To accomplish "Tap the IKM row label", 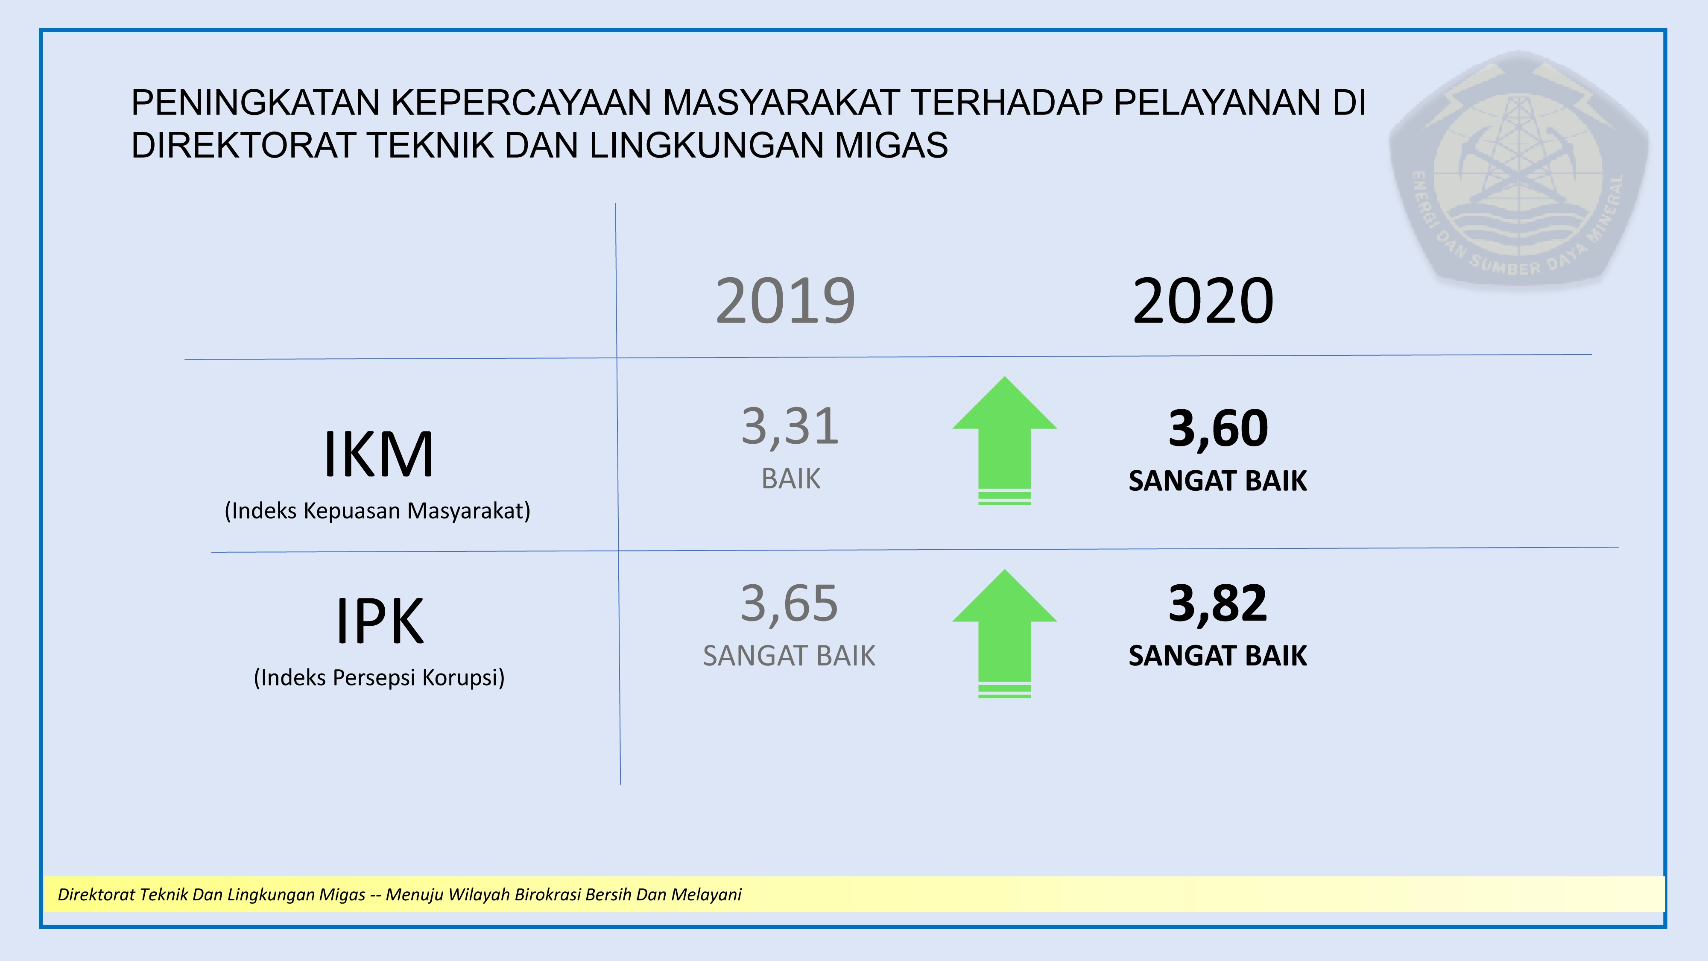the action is point(379,454).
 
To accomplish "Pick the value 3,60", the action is point(1218,429).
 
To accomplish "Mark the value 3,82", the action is point(1218,604).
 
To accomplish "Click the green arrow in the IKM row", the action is point(1004,441).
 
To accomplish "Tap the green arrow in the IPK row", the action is point(1004,633).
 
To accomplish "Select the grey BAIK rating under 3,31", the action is point(791,479).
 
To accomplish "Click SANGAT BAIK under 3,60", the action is point(1218,481).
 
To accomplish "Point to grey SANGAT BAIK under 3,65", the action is point(789,656).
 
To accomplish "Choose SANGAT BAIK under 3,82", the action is point(1218,656).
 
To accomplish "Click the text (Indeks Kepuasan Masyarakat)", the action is point(377,511).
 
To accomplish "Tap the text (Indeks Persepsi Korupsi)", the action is point(379,678).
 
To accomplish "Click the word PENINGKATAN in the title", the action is point(256,103).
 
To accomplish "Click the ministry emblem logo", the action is point(1519,168).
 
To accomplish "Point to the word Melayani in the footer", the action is point(706,895).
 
